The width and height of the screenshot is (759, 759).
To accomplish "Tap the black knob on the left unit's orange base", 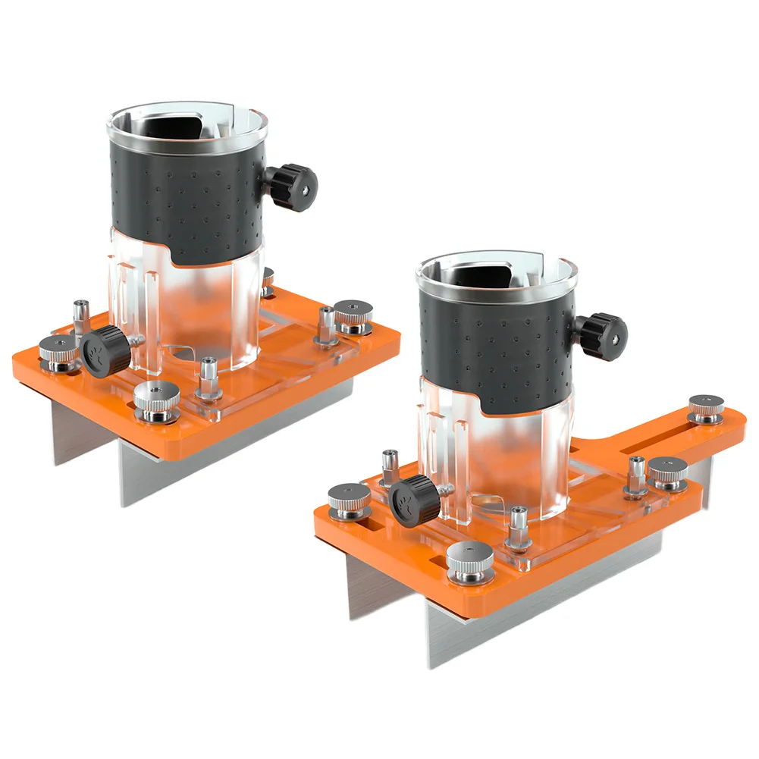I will tap(105, 351).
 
